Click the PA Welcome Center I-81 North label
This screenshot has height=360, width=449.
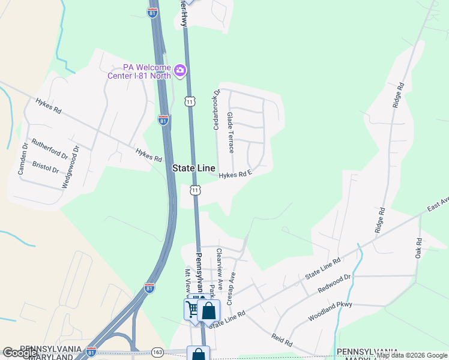(x=139, y=71)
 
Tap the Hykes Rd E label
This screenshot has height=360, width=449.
(x=234, y=175)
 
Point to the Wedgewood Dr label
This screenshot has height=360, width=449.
(x=70, y=167)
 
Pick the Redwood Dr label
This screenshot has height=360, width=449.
(x=334, y=283)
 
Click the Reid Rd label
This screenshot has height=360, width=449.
(x=282, y=340)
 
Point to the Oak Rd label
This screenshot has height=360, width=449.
(x=418, y=249)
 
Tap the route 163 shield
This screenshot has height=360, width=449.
(x=158, y=352)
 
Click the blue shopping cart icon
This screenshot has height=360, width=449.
(x=193, y=309)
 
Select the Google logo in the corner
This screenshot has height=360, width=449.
(x=20, y=353)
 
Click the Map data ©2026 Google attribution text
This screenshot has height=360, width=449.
(x=412, y=356)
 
